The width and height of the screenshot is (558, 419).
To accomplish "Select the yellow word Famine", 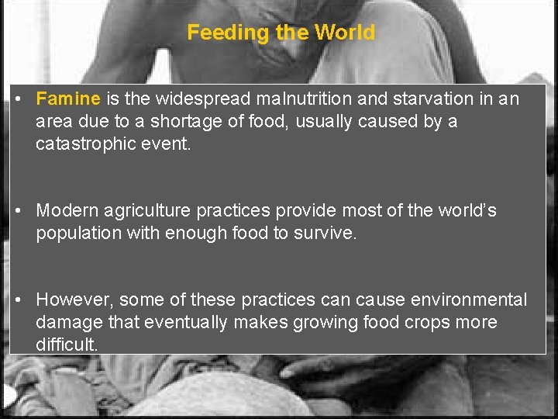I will point(68,99).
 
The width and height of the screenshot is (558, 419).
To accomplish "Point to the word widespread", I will point(205,99).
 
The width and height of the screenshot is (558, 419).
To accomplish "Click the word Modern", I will point(64,211).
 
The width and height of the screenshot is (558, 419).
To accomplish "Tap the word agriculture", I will point(144,211).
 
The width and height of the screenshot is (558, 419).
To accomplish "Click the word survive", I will point(325,233).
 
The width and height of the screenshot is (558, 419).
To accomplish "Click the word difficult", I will point(67,344).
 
